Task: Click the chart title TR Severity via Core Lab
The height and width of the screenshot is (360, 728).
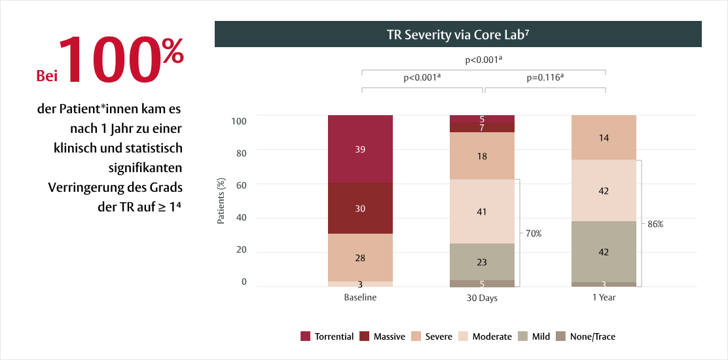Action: (458, 35)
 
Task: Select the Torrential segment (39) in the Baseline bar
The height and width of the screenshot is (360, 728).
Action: (360, 149)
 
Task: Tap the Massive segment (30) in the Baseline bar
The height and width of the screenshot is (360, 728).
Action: (360, 208)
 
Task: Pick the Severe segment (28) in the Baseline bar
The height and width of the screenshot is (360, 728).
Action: (360, 257)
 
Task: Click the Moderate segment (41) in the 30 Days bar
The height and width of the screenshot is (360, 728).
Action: (482, 211)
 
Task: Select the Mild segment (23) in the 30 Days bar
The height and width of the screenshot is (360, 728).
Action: (482, 262)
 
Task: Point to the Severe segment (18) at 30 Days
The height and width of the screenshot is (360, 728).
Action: (482, 156)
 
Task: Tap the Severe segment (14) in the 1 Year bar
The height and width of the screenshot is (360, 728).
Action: (604, 137)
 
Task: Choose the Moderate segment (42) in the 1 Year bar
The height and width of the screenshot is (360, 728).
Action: (604, 190)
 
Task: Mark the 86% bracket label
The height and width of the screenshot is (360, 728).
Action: (655, 224)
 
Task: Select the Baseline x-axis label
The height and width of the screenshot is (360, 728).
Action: (360, 297)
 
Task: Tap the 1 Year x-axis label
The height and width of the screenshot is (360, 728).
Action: (604, 297)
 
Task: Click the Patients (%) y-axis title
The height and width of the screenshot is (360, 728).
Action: (221, 200)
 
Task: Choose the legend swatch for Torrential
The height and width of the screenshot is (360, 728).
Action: (305, 336)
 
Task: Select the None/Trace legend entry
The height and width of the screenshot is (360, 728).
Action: (591, 336)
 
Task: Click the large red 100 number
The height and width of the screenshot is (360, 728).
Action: (111, 60)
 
